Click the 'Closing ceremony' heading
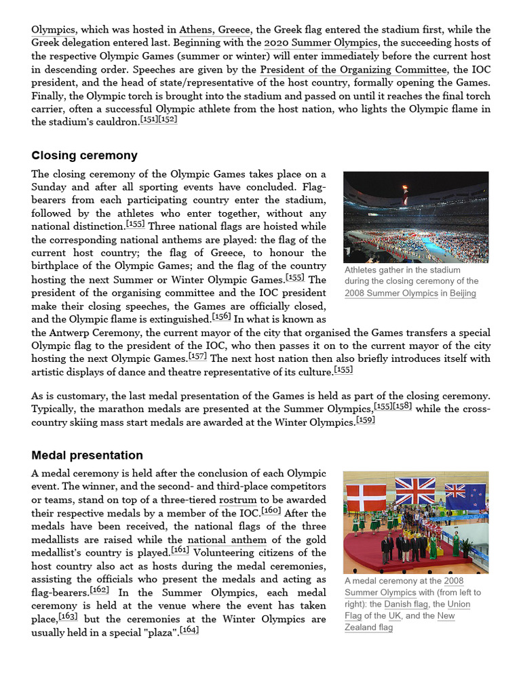pos(84,155)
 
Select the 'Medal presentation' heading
pos(87,455)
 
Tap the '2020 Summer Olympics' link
pos(321,43)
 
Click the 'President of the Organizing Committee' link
pos(353,69)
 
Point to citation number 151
pos(149,120)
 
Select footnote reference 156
pos(221,317)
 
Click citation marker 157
pos(198,356)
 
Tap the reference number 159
pos(365,420)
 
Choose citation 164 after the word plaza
pos(189,630)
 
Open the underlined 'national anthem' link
pos(226,539)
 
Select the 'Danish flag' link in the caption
pos(398,604)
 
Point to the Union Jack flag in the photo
pos(416,491)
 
